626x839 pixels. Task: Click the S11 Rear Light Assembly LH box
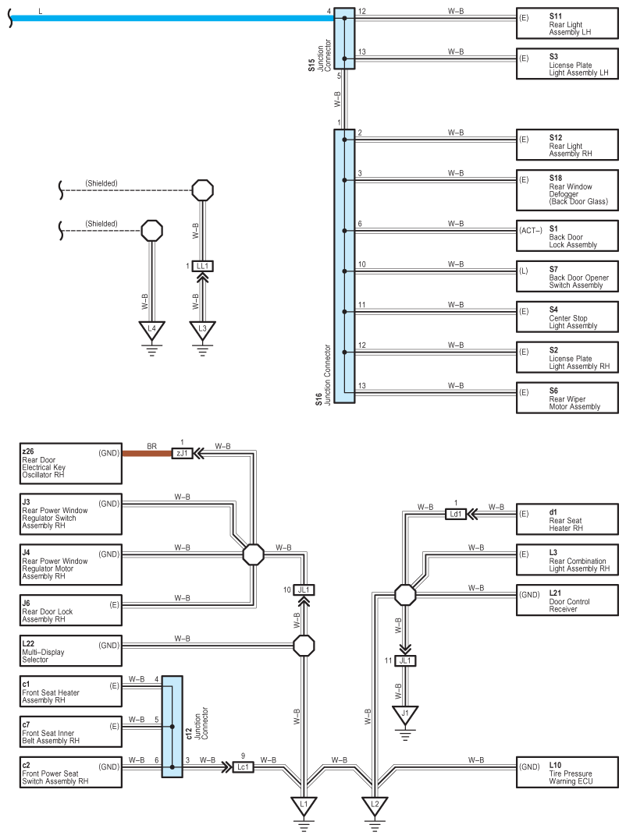click(567, 23)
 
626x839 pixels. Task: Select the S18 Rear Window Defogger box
click(567, 190)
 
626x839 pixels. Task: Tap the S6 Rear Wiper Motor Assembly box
click(567, 398)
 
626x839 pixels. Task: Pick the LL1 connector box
click(202, 266)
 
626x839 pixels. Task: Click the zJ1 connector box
click(182, 453)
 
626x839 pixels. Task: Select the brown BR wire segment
click(147, 453)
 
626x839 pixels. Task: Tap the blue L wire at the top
click(172, 18)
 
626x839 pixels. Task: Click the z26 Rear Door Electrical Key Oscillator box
click(71, 463)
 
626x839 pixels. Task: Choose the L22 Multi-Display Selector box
click(71, 651)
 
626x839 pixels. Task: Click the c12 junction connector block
click(172, 727)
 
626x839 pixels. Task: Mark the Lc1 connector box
click(243, 766)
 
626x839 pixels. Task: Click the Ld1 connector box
click(456, 514)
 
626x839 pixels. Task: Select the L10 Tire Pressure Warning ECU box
click(567, 772)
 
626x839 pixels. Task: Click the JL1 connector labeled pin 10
click(304, 589)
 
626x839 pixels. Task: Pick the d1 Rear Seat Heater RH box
click(567, 519)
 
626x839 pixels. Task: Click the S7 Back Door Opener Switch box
click(567, 276)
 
